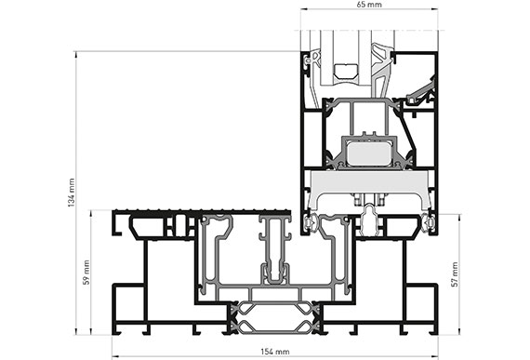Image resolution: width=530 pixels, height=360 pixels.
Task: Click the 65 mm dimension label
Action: [369, 5]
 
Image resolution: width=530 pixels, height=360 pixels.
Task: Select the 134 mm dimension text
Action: [72, 193]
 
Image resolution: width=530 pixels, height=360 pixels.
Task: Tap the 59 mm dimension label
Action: [86, 273]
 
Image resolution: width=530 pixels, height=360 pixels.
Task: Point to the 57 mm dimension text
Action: [455, 274]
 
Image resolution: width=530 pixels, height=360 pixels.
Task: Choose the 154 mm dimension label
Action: [275, 352]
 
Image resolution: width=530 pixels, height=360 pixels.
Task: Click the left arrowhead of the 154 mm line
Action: [114, 356]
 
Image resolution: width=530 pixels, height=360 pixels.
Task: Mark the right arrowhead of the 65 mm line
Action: [435, 9]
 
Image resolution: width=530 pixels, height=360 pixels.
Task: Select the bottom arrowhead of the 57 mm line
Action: [459, 332]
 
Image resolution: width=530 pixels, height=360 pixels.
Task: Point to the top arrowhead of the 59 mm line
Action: [90, 213]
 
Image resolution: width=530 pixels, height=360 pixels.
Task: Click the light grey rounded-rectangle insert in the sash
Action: [369, 153]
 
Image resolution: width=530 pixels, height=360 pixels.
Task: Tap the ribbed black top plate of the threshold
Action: [202, 212]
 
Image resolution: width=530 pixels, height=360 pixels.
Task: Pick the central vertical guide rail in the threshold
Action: [275, 250]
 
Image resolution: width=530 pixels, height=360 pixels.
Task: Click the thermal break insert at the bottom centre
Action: [275, 318]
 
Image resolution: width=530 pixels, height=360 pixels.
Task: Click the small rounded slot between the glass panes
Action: [346, 72]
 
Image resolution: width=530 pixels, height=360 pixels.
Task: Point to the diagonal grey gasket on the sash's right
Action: [421, 90]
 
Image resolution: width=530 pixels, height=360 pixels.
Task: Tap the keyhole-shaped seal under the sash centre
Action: [370, 221]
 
